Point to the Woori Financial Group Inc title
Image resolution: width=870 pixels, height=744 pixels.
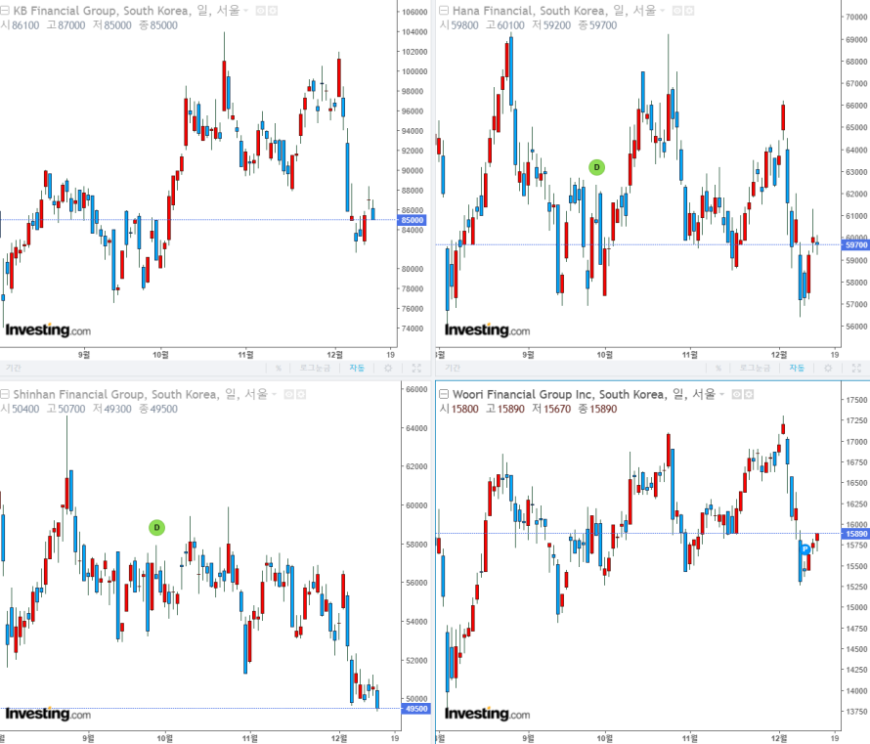tap(551, 394)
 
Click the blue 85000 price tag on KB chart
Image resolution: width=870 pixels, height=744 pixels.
tap(413, 220)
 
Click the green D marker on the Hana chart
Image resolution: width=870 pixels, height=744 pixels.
tap(597, 167)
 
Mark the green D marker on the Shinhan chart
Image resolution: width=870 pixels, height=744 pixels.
tap(156, 527)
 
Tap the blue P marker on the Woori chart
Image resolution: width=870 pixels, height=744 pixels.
tap(805, 549)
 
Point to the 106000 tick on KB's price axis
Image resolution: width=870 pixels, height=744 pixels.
tap(415, 13)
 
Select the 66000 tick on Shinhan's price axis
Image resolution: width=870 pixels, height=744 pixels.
tap(417, 389)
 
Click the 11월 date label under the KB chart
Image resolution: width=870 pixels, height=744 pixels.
tap(247, 354)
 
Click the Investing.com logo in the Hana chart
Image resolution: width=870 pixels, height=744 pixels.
tap(487, 330)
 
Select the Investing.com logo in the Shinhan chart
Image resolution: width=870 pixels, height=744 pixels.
tap(48, 714)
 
